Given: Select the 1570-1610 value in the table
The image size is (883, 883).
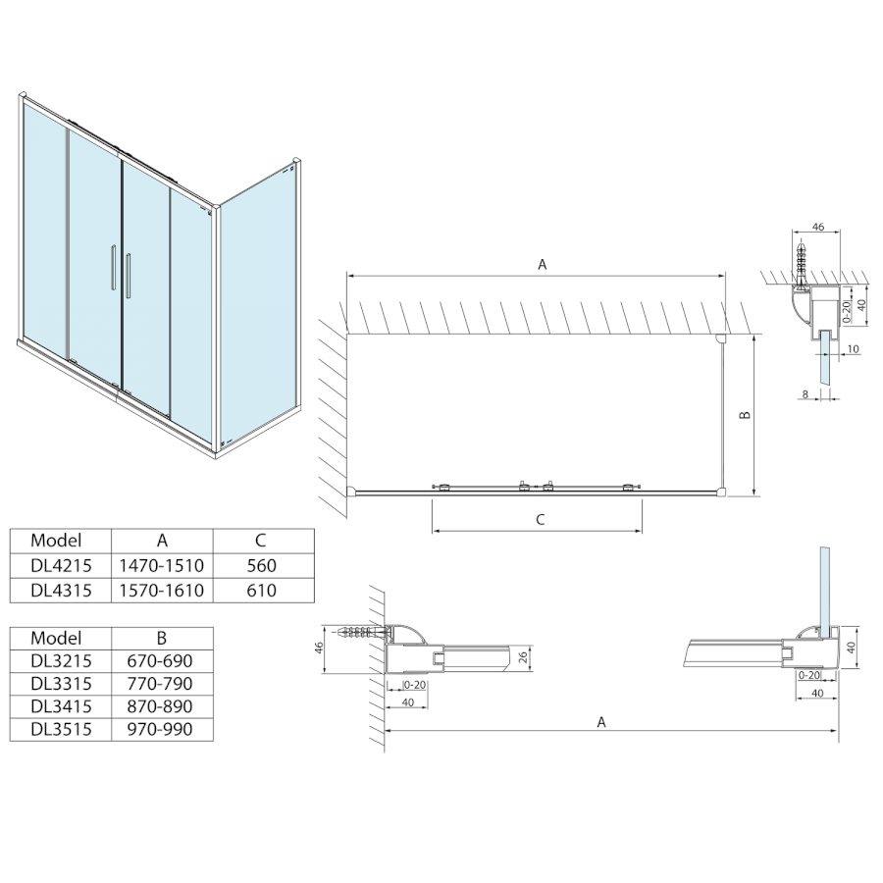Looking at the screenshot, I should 162,591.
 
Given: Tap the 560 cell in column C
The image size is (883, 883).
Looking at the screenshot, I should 262,566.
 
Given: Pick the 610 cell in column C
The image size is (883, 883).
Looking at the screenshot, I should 262,591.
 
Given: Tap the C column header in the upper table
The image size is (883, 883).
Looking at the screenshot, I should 262,540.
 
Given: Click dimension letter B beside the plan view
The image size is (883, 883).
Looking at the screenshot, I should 745,416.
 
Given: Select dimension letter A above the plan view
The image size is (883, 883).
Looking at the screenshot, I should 541,264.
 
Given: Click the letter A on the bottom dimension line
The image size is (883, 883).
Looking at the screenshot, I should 601,722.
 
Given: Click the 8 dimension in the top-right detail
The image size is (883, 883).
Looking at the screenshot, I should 805,394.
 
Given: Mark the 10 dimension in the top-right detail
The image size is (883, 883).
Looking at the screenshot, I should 853,349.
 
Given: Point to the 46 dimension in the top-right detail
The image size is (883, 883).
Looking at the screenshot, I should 819,227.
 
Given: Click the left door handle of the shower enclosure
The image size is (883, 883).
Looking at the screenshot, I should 112,268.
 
